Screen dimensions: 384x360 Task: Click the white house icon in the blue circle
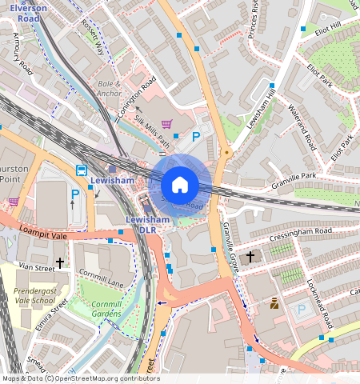[180, 185]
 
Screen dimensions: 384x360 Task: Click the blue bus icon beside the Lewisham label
[82, 170]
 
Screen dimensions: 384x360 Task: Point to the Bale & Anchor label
[109, 88]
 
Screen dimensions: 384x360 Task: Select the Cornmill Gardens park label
[102, 308]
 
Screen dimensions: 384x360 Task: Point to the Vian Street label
[36, 266]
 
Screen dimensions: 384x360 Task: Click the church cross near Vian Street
[59, 262]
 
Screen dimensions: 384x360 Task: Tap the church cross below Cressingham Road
[250, 257]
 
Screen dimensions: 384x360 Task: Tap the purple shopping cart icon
[166, 124]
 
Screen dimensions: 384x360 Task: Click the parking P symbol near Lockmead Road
[301, 309]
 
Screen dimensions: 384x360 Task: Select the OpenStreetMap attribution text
[80, 378]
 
